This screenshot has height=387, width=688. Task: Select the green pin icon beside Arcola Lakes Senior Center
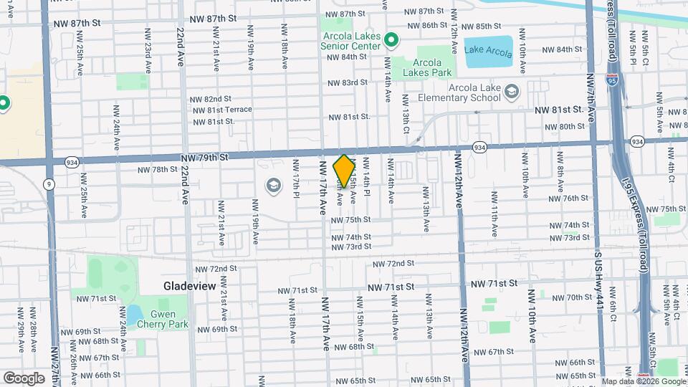(391, 39)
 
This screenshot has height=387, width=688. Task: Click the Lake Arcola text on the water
(488, 51)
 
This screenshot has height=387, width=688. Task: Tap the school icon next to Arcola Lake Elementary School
(511, 92)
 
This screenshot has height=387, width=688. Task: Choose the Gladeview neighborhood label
(189, 285)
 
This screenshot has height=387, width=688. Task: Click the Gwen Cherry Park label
(169, 319)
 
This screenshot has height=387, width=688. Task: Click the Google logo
(24, 378)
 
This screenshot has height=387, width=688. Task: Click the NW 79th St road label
(204, 157)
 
